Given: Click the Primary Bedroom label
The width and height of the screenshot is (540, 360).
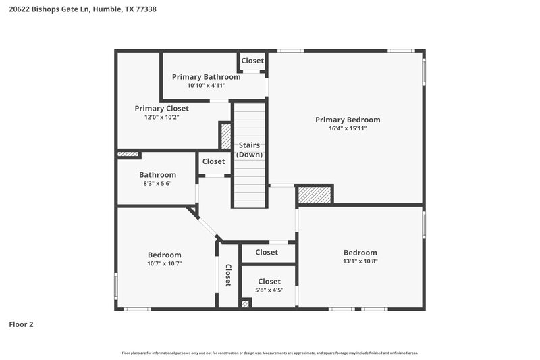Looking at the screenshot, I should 348,120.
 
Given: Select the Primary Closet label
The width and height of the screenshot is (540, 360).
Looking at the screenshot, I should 161,108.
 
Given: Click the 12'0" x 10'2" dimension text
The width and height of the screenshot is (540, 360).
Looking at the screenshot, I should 161,117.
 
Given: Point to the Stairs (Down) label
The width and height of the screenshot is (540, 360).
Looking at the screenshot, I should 249,150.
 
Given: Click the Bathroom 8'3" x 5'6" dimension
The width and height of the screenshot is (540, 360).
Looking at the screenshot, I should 157,183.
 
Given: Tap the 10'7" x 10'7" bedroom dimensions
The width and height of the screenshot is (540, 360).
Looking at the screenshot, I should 165,263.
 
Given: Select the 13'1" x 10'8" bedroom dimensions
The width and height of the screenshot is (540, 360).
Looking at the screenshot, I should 360,261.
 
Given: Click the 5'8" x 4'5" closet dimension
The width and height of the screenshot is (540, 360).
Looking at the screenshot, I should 269,290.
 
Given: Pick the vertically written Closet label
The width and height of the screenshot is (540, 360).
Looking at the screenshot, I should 228,276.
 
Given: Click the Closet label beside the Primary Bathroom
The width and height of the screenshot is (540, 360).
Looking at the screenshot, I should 252,61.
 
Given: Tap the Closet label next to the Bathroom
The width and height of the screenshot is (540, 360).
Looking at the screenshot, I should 213,161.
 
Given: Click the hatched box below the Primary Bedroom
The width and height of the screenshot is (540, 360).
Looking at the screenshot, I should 315,195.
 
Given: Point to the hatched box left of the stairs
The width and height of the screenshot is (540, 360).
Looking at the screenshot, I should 225,136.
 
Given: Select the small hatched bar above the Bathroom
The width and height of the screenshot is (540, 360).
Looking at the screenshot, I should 128,155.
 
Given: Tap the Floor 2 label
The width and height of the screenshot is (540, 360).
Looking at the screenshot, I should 21,324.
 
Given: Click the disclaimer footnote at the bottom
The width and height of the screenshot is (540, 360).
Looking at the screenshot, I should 270,353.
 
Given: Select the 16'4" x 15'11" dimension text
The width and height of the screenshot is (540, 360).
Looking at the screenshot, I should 348,128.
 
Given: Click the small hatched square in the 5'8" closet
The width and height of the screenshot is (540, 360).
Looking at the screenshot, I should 246,303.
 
